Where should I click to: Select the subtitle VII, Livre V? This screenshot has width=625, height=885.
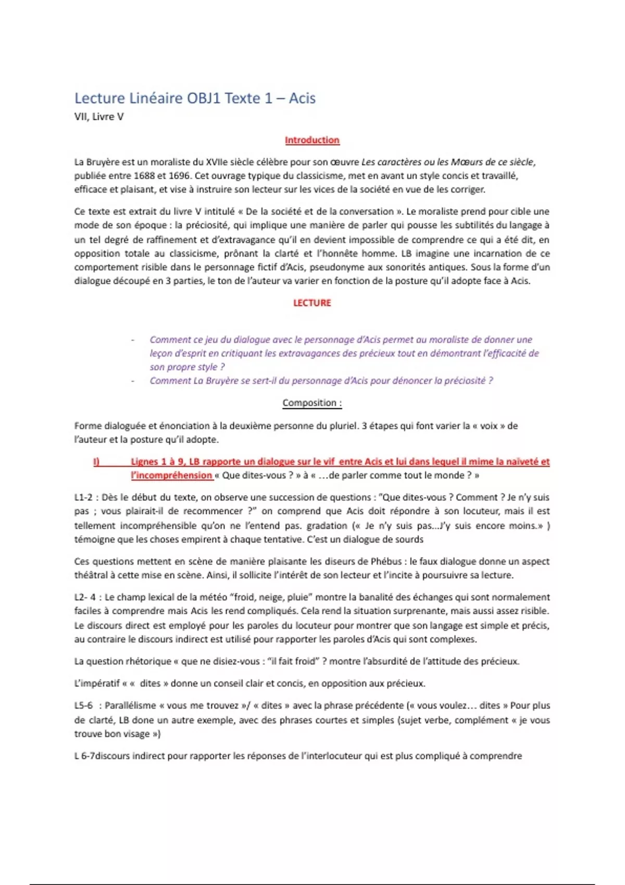[x=99, y=117]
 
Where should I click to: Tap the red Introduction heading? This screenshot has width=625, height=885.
[x=312, y=140]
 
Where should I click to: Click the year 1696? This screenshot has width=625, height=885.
[x=179, y=175]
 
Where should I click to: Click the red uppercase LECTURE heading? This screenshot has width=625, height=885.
[x=312, y=303]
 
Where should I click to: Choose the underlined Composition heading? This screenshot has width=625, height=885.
[x=312, y=403]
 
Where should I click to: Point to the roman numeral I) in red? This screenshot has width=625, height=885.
[x=96, y=462]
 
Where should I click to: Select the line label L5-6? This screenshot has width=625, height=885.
[x=83, y=706]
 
